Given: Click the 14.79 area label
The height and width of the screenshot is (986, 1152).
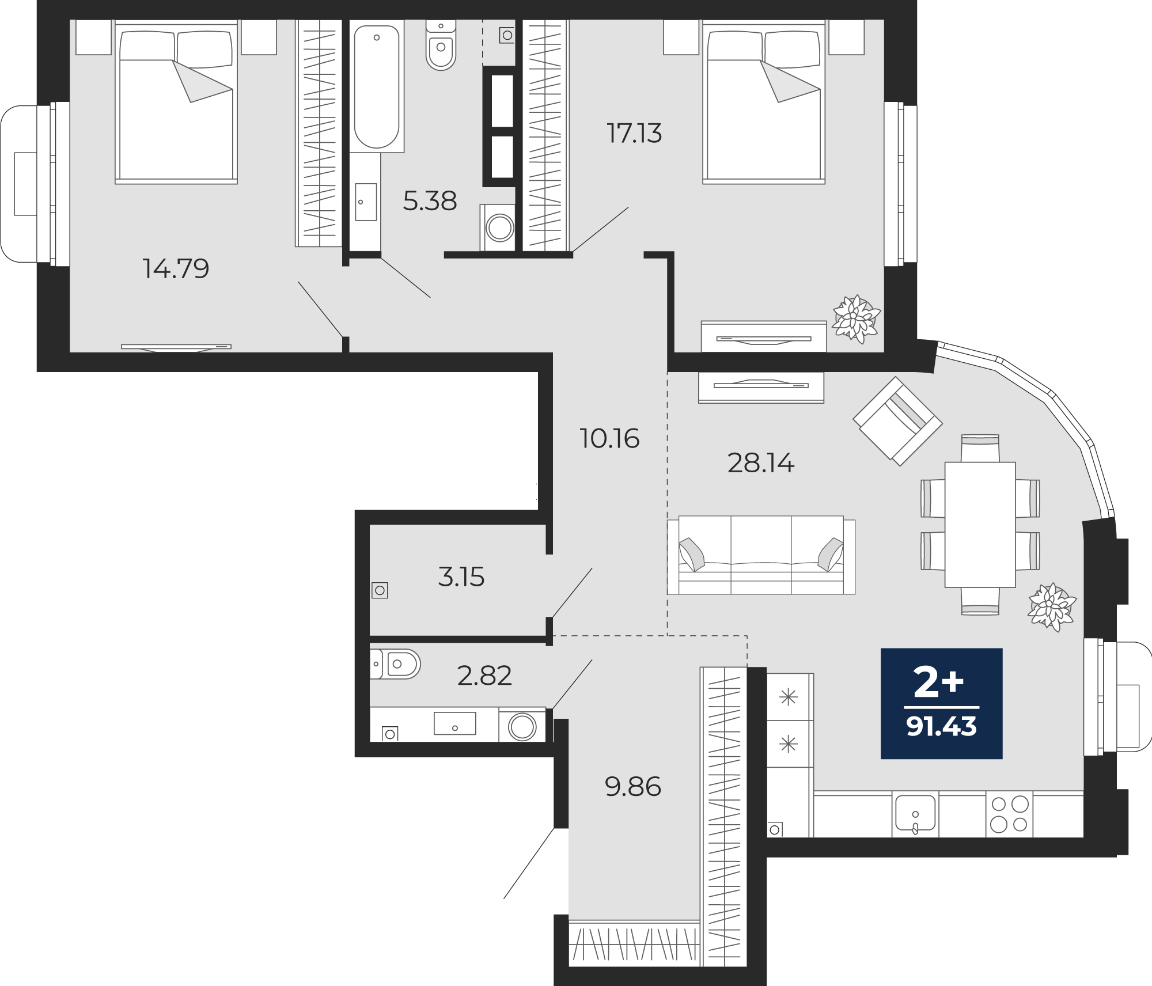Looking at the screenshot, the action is (176, 268).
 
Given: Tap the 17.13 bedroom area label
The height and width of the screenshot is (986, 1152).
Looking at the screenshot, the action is (634, 133).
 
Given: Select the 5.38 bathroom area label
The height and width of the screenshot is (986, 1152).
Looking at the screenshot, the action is (430, 201).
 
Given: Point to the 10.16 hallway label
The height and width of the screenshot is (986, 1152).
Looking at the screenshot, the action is (609, 439).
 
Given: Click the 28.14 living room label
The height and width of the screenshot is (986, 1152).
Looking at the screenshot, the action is (761, 462).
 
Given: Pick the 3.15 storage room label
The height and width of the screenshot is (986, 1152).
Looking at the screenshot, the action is (461, 577).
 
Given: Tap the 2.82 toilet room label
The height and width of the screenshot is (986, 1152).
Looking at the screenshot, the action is (484, 676).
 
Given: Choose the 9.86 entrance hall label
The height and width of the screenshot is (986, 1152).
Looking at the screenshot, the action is (633, 787).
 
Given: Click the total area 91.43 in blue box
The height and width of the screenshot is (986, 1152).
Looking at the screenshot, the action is (941, 727).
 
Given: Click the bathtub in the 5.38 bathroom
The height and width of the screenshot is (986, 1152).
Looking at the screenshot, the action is (377, 86).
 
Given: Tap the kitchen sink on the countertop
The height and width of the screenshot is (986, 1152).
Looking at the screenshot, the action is (915, 815).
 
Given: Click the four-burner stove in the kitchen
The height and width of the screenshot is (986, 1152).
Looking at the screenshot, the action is (1009, 814).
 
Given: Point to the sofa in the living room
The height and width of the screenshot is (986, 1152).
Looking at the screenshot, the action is (761, 555).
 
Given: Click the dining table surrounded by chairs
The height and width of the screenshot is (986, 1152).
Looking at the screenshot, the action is (980, 525).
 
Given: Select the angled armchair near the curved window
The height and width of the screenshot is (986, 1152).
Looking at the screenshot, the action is (897, 421).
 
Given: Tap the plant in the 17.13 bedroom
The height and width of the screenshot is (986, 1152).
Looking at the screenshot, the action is (857, 319).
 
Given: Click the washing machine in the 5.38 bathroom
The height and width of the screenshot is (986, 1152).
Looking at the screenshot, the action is (499, 227).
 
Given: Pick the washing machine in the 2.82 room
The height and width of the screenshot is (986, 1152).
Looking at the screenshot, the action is (522, 725).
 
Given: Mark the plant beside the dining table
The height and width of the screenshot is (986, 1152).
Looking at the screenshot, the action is (1052, 607).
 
